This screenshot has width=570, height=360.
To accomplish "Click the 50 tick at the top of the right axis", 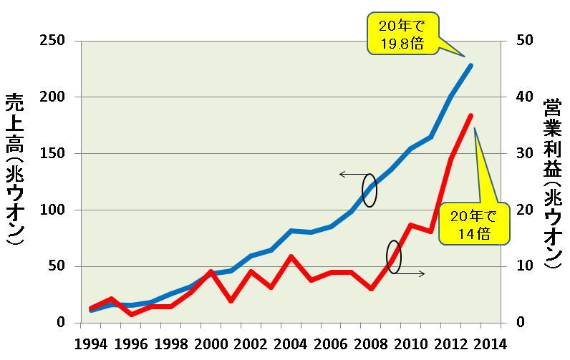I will pyautogui.click(x=525, y=41).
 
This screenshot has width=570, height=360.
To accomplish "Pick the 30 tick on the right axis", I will pyautogui.click(x=525, y=154).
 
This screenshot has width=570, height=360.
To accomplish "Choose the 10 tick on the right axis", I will pyautogui.click(x=525, y=266).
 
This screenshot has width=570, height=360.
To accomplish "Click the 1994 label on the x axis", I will pyautogui.click(x=91, y=343).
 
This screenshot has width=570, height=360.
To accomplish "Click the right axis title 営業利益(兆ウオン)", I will pyautogui.click(x=552, y=183).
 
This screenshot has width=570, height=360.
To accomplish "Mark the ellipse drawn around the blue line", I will pyautogui.click(x=369, y=190).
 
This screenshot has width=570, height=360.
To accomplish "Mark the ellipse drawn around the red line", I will pyautogui.click(x=394, y=256).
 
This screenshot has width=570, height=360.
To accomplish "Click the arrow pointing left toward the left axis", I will pyautogui.click(x=351, y=174).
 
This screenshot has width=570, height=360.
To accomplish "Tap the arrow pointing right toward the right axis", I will pyautogui.click(x=412, y=273).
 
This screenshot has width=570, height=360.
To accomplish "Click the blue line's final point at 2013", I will pyautogui.click(x=470, y=65).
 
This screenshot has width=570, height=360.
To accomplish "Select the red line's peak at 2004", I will pyautogui.click(x=290, y=256).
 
